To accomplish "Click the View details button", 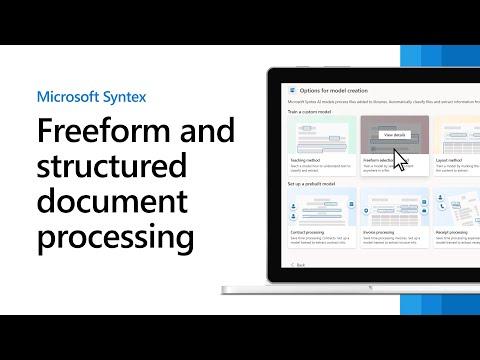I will [x=394, y=134].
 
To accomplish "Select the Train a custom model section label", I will [x=309, y=111].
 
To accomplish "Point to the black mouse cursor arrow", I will [x=400, y=160].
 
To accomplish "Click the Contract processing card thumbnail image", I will [x=321, y=207].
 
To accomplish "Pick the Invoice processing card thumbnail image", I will [x=394, y=207].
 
